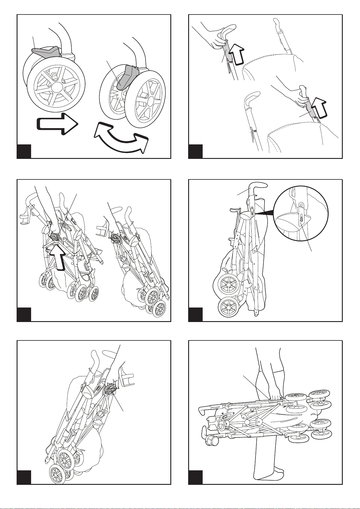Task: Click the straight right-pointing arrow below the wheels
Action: [x=56, y=123]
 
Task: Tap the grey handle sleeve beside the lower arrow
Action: [x=310, y=110]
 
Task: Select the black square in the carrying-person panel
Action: [x=195, y=477]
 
